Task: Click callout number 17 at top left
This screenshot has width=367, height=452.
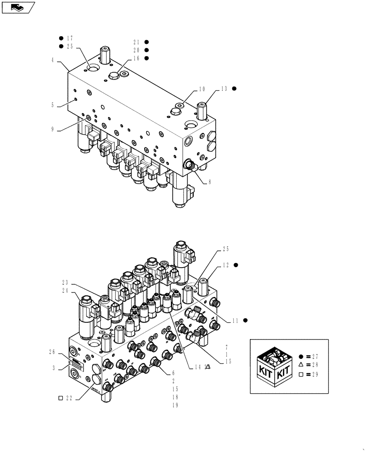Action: tap(69, 38)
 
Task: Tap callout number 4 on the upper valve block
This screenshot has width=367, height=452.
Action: tap(53, 59)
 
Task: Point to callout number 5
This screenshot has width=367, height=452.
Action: tap(53, 105)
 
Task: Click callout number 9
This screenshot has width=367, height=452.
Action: tap(53, 129)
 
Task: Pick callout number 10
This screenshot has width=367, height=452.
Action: tap(202, 90)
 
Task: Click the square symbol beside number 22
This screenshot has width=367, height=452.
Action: tap(60, 398)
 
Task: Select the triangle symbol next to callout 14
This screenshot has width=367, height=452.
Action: tap(208, 367)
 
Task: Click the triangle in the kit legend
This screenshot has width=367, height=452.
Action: tap(301, 365)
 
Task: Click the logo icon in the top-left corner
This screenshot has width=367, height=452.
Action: tap(19, 7)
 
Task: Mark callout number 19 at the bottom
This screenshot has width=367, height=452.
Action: tap(175, 405)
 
